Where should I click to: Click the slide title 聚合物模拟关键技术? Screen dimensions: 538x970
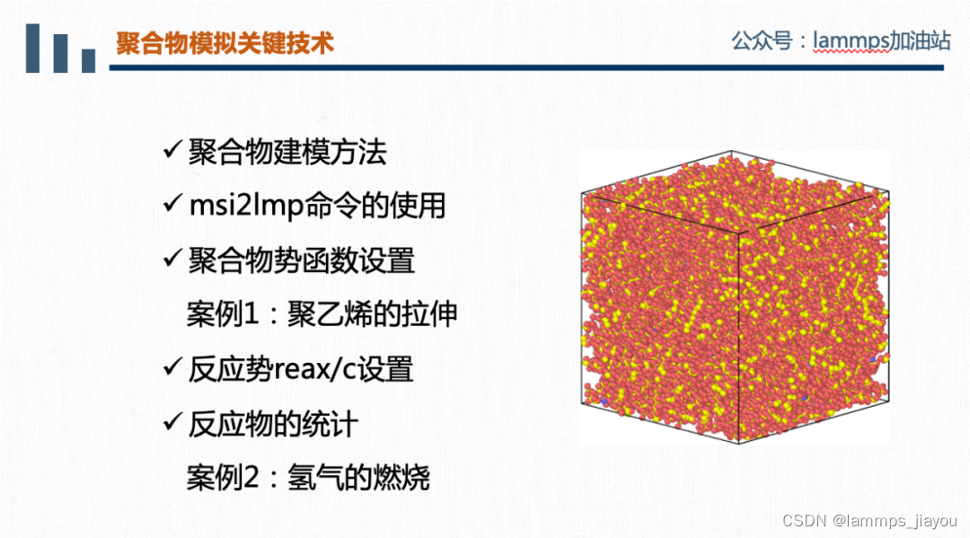[225, 43]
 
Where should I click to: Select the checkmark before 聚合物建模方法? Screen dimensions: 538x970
[173, 152]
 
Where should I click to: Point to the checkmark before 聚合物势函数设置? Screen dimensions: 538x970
[173, 260]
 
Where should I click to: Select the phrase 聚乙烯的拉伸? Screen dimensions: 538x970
[372, 314]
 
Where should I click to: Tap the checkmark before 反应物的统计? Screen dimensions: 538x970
[173, 423]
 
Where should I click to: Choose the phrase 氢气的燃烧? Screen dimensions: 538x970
[358, 477]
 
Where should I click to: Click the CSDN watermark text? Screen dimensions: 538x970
[803, 521]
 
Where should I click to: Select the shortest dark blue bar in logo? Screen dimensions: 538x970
[88, 60]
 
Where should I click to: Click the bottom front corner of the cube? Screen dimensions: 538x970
[736, 443]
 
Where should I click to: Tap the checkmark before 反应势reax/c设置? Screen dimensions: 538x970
[173, 368]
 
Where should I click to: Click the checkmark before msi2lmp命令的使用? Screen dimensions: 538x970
[173, 206]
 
